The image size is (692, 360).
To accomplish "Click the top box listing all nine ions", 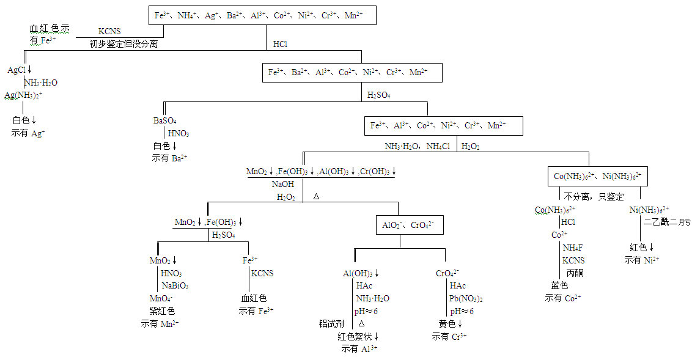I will [263, 15].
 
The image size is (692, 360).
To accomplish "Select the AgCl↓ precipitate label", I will [20, 70].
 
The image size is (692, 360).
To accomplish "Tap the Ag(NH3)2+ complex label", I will [24, 95].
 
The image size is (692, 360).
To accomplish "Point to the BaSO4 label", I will [165, 121].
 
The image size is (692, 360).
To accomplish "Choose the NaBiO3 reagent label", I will [175, 285].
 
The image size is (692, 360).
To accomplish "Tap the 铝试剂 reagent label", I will [331, 323].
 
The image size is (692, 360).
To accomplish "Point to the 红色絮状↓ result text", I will [361, 336].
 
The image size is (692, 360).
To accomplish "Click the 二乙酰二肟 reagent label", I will [666, 222].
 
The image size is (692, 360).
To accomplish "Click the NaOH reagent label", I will [283, 183].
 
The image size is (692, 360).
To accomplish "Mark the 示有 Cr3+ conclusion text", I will [449, 336].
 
